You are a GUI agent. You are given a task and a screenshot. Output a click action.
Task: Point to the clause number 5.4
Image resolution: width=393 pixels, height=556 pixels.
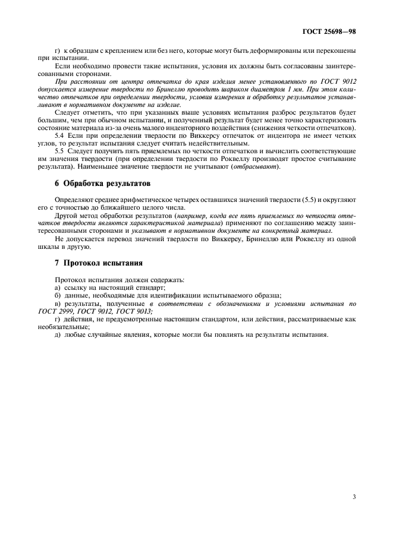(60, 136)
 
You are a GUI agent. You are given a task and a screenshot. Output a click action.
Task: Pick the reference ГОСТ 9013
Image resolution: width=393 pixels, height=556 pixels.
(134, 311)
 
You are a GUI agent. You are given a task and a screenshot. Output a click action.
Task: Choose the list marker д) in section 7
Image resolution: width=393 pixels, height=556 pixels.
(58, 335)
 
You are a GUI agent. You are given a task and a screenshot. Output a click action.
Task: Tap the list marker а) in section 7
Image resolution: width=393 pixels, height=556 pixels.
(58, 287)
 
